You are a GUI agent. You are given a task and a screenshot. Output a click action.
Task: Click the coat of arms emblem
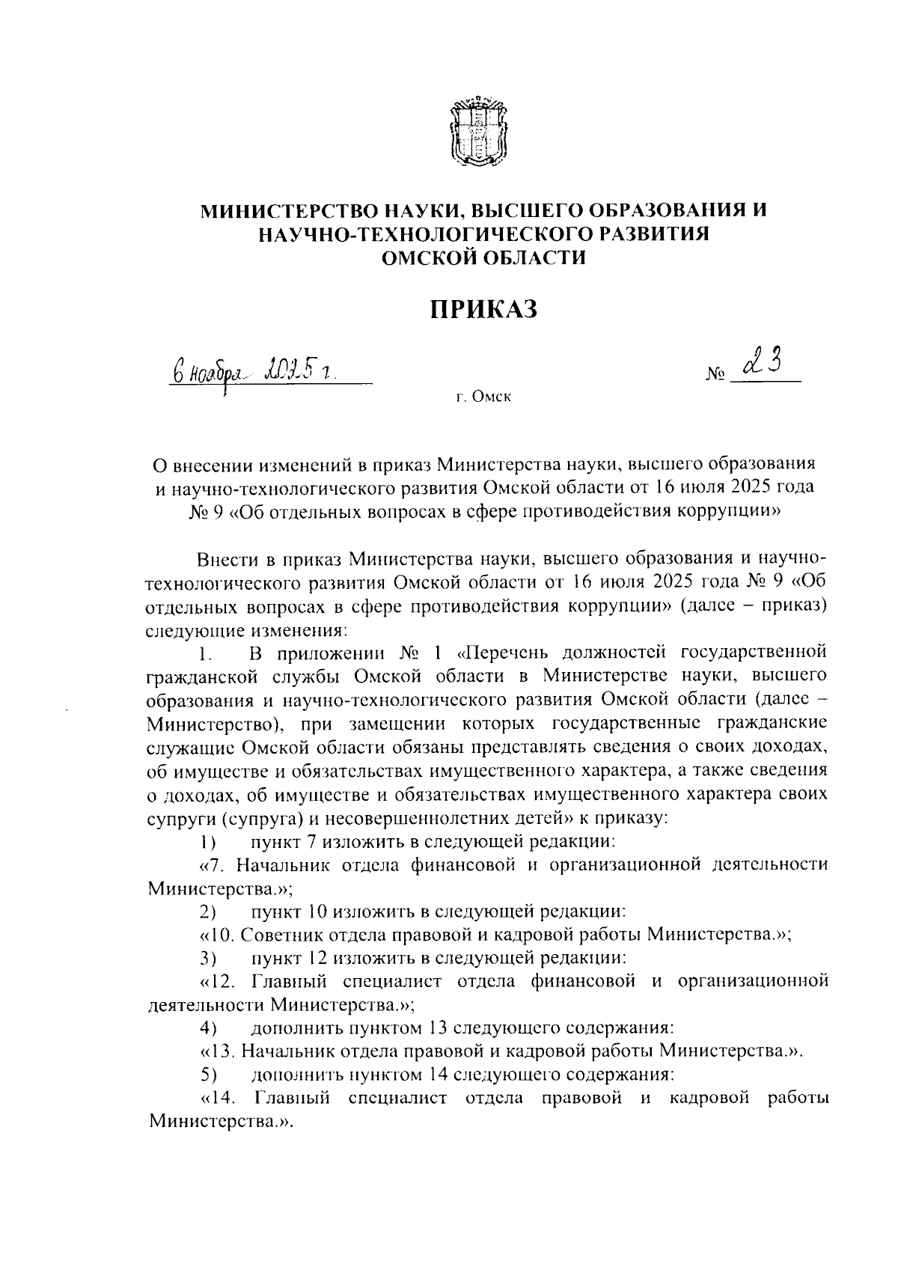(479, 133)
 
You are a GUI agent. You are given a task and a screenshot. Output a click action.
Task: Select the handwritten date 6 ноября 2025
(254, 370)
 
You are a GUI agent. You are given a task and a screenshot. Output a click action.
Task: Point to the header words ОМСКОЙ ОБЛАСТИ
(483, 258)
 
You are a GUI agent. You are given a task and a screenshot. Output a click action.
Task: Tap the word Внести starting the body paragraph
(224, 559)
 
